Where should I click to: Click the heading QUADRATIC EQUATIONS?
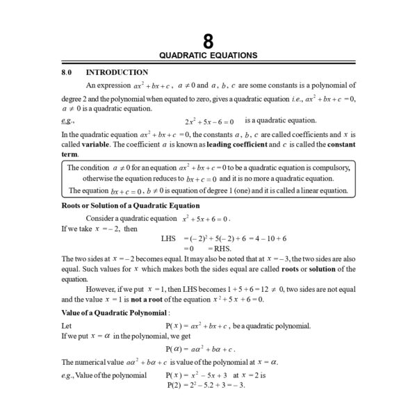coord(208,55)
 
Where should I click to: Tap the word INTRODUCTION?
coord(117,72)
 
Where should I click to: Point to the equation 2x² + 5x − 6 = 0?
coord(209,121)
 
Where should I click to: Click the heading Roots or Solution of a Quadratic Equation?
coord(131,206)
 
